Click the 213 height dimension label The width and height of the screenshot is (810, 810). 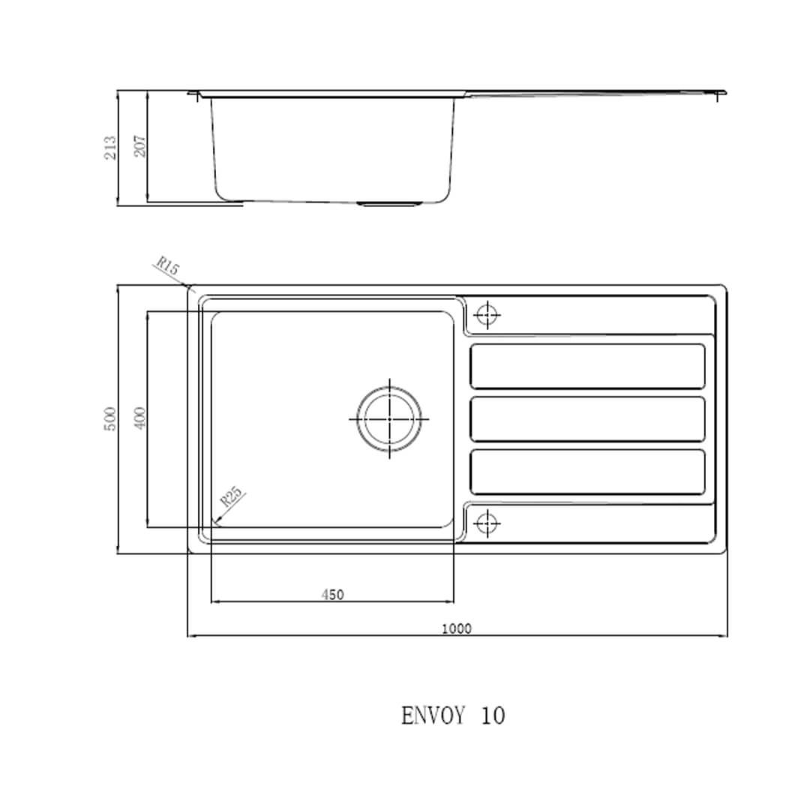tap(111, 147)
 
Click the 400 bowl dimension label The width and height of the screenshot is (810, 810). tap(139, 418)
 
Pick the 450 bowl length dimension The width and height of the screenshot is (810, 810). tap(332, 595)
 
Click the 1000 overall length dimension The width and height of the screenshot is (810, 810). tap(456, 628)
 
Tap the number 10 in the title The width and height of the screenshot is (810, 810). tap(493, 716)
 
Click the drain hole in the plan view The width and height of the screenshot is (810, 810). tap(388, 418)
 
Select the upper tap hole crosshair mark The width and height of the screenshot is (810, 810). tap(487, 315)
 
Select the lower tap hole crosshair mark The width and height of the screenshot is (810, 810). tap(487, 522)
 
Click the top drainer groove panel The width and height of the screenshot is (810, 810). tap(587, 366)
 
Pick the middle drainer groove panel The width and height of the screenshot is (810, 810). tap(587, 418)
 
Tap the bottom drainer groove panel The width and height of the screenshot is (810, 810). tap(587, 472)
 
